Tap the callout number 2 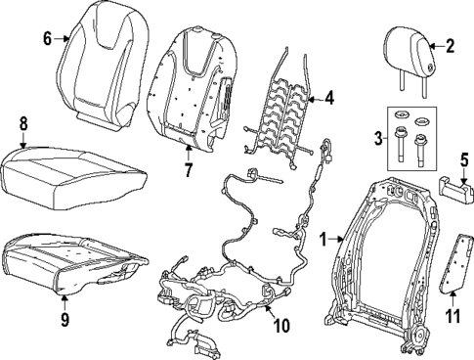pyautogui.click(x=451, y=44)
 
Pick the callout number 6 pyautogui.click(x=47, y=39)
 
